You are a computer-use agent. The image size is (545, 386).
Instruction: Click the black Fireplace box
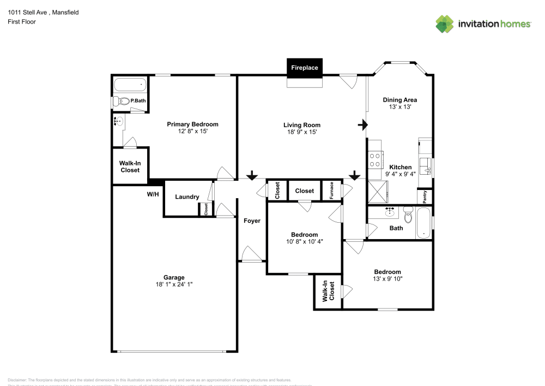pyautogui.click(x=305, y=68)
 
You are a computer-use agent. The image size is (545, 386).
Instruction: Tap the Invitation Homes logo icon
pyautogui.click(x=444, y=24)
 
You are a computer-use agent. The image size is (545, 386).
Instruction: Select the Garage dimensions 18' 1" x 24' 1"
pyautogui.click(x=174, y=284)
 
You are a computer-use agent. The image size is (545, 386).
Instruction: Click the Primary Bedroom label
pyautogui.click(x=192, y=124)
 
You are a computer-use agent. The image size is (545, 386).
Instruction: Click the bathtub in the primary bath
pyautogui.click(x=130, y=85)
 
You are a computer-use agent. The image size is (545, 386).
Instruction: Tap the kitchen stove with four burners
pyautogui.click(x=375, y=159)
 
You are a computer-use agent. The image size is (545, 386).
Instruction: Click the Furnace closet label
pyautogui.click(x=331, y=191)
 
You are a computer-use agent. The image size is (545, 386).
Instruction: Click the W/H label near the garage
pyautogui.click(x=153, y=194)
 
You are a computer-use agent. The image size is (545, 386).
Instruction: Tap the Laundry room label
pyautogui.click(x=187, y=197)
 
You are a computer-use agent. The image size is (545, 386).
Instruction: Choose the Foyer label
pyautogui.click(x=252, y=221)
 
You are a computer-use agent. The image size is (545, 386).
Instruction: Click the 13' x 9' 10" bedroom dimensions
pyautogui.click(x=387, y=279)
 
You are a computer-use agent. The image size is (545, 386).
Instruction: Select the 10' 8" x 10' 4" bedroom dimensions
pyautogui.click(x=305, y=241)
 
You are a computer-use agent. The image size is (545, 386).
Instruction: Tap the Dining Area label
pyautogui.click(x=400, y=100)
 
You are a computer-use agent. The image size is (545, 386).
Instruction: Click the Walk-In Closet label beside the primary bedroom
pyautogui.click(x=130, y=167)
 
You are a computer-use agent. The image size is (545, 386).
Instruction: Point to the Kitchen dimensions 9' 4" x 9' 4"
pyautogui.click(x=400, y=174)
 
